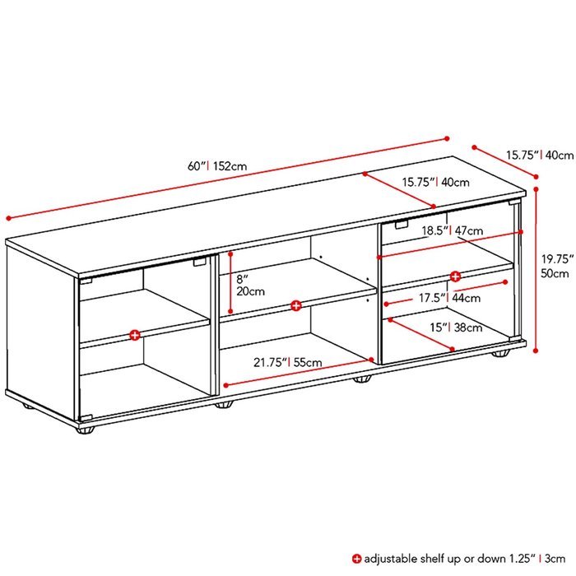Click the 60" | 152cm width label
tap(217, 166)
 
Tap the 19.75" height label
tap(558, 259)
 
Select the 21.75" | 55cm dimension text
tap(288, 363)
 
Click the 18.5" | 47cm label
tap(453, 230)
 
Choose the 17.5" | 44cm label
tap(449, 298)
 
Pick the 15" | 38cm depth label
tap(456, 327)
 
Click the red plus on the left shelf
tap(135, 335)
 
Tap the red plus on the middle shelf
tap(295, 305)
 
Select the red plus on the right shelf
tap(455, 276)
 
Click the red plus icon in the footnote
tap(356, 559)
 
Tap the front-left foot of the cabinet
tap(86, 430)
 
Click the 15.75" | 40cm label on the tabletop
tap(435, 182)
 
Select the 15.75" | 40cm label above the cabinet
tap(540, 155)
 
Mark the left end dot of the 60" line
tap(9, 218)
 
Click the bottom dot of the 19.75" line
tap(536, 351)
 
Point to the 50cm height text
tap(555, 274)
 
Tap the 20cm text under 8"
tap(250, 291)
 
